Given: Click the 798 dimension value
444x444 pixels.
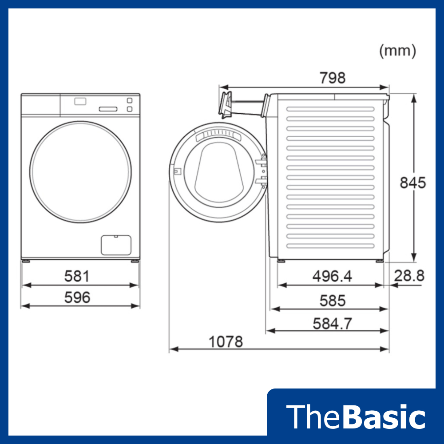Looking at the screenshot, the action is (333, 78).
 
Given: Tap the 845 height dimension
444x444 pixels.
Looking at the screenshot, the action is (413, 182).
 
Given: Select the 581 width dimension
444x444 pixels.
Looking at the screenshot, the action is (77, 276).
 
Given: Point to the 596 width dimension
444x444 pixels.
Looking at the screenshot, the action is (77, 297).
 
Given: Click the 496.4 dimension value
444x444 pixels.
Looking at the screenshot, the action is (332, 276).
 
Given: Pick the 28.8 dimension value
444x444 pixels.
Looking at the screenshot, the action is (409, 276).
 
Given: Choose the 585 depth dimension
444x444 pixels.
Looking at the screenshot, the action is (333, 301).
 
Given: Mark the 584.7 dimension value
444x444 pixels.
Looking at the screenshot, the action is (333, 324).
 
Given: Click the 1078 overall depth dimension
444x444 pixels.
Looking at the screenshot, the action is (226, 342).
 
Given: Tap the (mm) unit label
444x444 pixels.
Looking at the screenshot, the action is (398, 51).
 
